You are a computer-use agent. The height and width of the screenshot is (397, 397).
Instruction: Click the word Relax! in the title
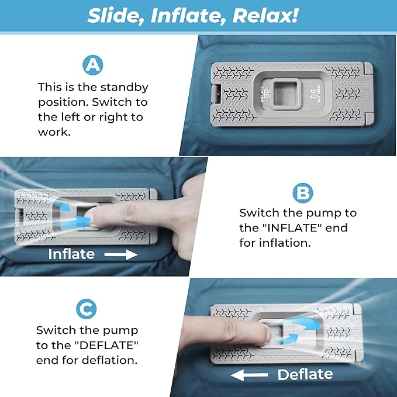(x=267, y=16)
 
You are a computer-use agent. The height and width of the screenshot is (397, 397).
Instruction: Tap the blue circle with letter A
(x=92, y=64)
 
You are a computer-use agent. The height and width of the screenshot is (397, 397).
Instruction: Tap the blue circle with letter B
(x=303, y=193)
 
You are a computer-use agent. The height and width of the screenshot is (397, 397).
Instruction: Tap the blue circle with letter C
(x=87, y=309)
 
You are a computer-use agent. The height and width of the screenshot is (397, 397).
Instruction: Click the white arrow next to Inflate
(x=122, y=254)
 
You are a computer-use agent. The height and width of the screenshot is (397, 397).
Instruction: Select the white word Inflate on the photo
(x=71, y=254)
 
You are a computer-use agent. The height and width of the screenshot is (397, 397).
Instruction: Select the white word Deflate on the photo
(x=305, y=374)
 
